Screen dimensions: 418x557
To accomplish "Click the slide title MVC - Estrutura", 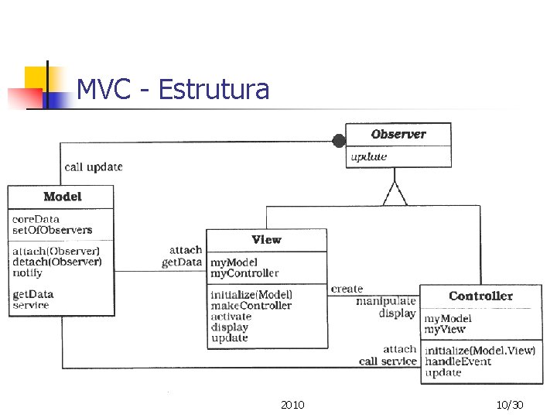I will click(x=173, y=90).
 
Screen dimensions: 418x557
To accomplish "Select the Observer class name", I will click(x=398, y=134).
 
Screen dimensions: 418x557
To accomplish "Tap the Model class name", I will click(x=62, y=197).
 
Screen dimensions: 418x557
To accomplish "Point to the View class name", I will click(x=266, y=240).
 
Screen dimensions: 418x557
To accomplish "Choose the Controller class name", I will click(x=480, y=296).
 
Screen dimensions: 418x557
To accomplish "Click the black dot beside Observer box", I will click(x=338, y=141).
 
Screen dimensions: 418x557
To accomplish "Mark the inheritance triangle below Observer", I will click(x=395, y=194).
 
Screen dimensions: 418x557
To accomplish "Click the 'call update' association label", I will click(x=93, y=166).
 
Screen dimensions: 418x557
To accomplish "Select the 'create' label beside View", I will click(x=347, y=289).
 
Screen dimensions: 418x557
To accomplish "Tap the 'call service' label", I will click(x=388, y=361).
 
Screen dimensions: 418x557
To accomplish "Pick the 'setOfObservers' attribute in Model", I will click(x=52, y=230).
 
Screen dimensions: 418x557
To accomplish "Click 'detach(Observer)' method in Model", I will click(x=56, y=262).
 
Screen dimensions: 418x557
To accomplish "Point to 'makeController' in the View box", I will click(x=251, y=306).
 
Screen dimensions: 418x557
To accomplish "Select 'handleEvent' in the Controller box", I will click(x=458, y=361).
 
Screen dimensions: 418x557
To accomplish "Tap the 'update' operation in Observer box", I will click(x=368, y=156).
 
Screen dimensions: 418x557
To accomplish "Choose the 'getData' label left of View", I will click(x=182, y=262).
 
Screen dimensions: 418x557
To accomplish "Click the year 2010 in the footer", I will click(x=292, y=405).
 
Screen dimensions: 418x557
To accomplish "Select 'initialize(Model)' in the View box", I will click(x=251, y=294).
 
